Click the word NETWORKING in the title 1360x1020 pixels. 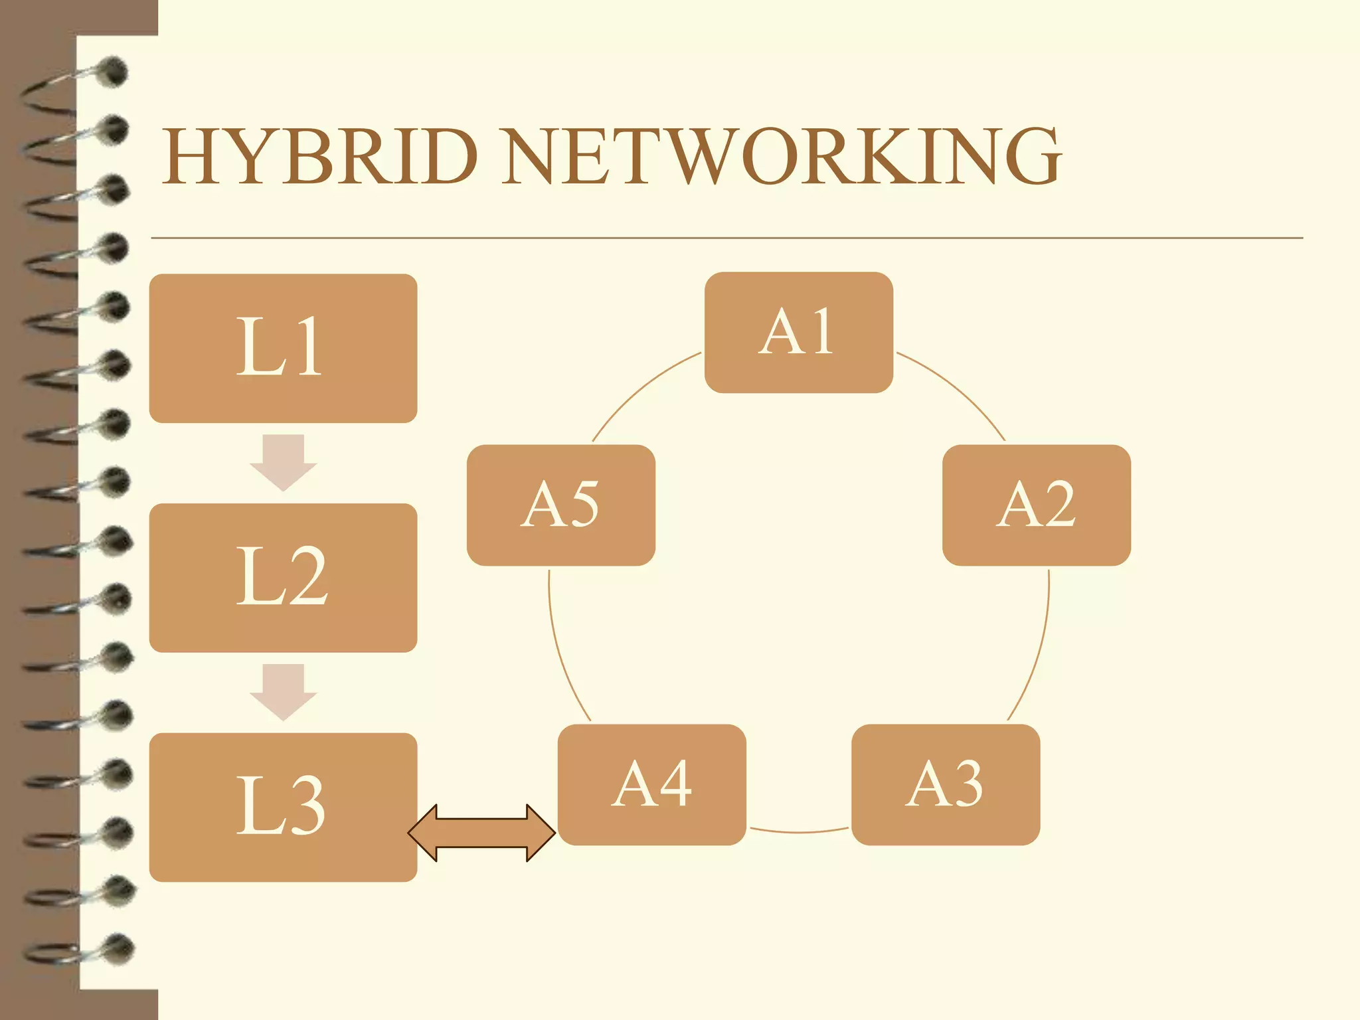pyautogui.click(x=781, y=157)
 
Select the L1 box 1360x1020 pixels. pyautogui.click(x=283, y=348)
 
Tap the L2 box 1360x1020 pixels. pyautogui.click(x=283, y=578)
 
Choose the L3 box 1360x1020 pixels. pyautogui.click(x=283, y=807)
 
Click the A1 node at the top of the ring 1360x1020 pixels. pyautogui.click(x=798, y=332)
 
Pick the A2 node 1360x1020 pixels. pyautogui.click(x=1036, y=505)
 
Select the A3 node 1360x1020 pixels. pyautogui.click(x=946, y=784)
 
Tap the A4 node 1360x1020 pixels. pyautogui.click(x=651, y=784)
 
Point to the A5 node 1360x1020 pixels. pyautogui.click(x=560, y=505)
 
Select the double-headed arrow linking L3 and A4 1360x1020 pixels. pyautogui.click(x=481, y=833)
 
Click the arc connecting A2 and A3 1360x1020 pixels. pyautogui.click(x=1039, y=651)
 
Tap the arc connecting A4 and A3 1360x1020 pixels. pyautogui.click(x=799, y=831)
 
